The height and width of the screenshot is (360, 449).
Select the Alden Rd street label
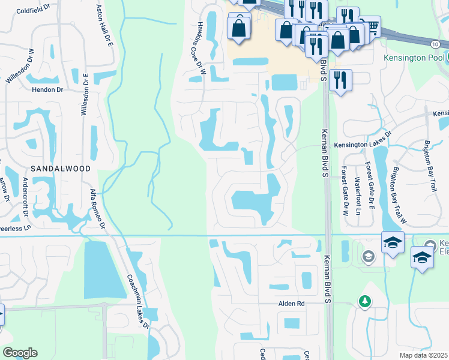[x=292, y=304]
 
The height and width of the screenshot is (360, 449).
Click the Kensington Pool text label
[x=414, y=58]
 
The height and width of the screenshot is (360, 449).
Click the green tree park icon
[x=364, y=301]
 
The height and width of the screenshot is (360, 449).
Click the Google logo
[x=20, y=353]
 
